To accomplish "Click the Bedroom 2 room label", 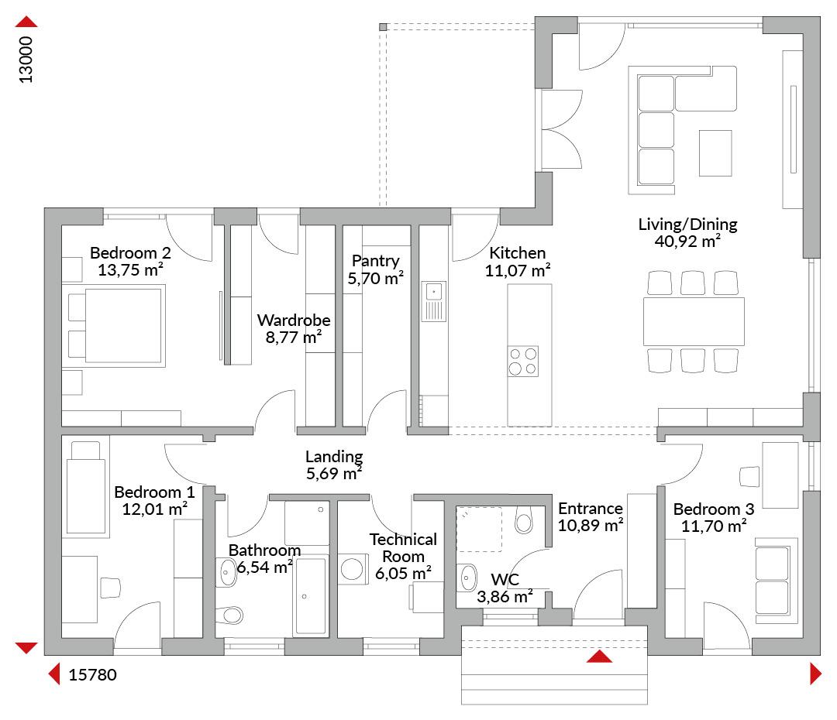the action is point(130,253).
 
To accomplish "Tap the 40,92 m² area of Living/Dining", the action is point(687,241).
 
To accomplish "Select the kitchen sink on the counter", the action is point(433,302).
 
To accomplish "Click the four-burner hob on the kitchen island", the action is point(522,361).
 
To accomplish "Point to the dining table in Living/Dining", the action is point(694,321).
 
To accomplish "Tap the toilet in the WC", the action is point(524,519).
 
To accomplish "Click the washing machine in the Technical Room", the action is point(353,569).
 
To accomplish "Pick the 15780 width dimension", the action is point(92,674).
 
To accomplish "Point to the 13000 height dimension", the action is point(26,60).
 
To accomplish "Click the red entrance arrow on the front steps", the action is point(599,657).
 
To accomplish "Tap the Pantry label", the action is point(375,261).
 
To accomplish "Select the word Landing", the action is point(334,457).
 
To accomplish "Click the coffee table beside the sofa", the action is point(715,153).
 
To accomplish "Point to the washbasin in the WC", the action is point(467,578).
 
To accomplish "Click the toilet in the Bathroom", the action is point(229,615).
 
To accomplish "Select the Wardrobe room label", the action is point(294,320).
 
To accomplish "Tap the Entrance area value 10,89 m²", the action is point(591,526).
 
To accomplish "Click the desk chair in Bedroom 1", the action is point(111,587).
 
